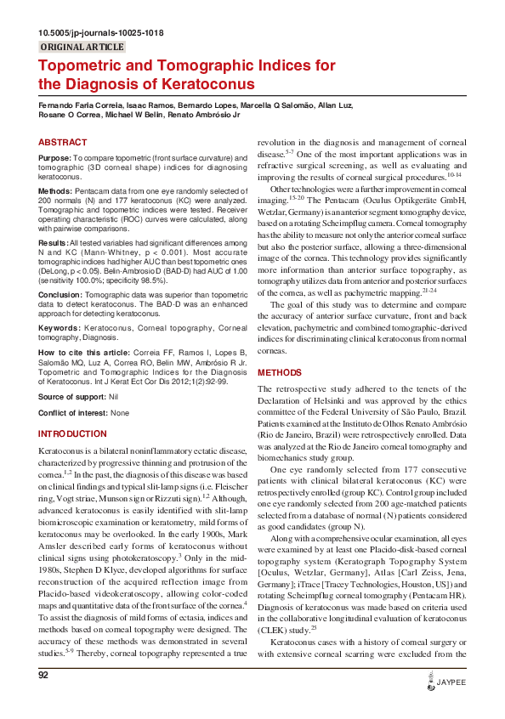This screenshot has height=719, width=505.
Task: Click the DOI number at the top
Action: (101, 32)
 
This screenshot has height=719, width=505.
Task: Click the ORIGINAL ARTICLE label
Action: (82, 47)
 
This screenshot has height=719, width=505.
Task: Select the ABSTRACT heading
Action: (63, 143)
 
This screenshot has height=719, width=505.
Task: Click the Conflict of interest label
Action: (74, 413)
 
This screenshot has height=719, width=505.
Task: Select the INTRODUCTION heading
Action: (73, 433)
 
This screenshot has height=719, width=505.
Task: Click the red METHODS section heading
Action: (279, 372)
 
